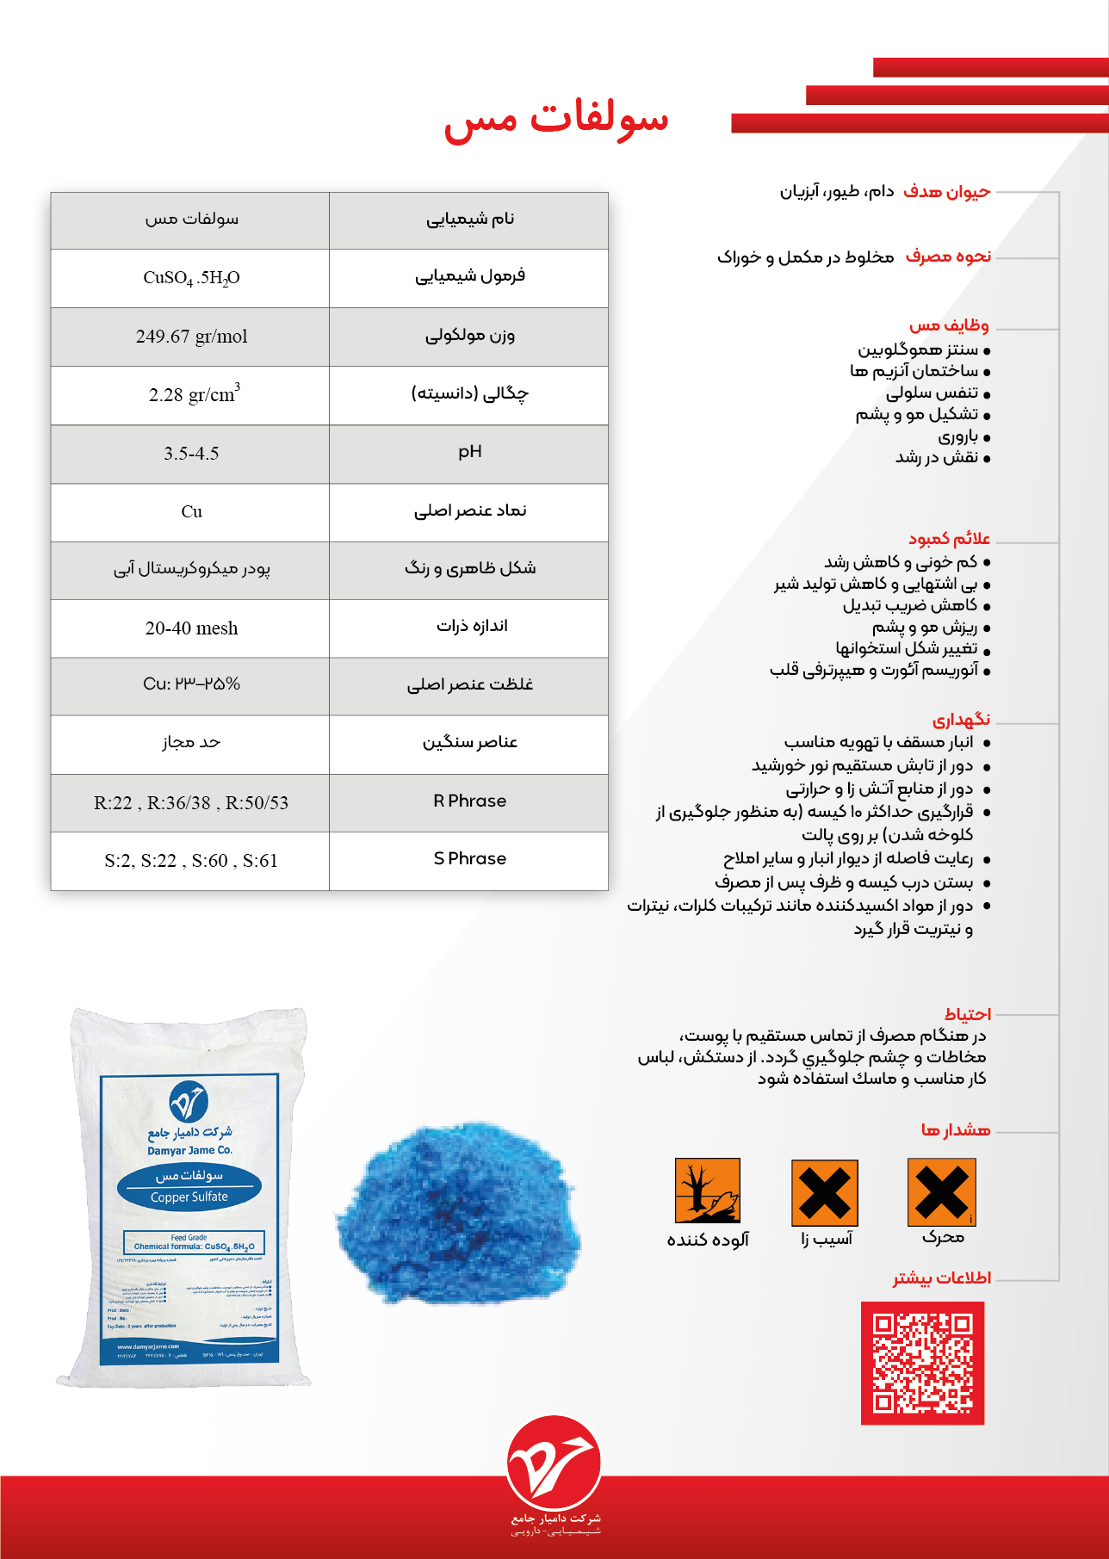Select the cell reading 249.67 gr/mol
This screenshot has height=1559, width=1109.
191,337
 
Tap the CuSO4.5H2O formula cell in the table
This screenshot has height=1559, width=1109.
191,278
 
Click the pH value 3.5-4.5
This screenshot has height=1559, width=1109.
191,454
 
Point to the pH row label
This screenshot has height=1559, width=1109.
469,452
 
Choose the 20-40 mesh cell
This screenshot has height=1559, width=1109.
191,628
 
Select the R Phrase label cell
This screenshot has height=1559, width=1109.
469,801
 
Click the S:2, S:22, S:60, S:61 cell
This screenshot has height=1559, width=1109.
191,861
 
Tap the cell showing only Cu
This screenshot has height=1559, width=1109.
191,512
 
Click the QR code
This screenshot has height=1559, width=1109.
922,1363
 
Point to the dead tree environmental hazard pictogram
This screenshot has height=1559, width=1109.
708,1191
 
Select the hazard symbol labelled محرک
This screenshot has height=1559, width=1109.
942,1191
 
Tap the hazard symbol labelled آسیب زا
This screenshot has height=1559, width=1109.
825,1192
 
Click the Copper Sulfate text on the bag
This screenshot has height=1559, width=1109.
189,1197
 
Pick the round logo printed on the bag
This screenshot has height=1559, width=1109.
189,1102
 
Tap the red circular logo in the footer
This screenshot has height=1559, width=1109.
554,1463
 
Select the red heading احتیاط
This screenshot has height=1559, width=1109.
967,1014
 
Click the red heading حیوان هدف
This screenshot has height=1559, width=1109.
947,192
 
